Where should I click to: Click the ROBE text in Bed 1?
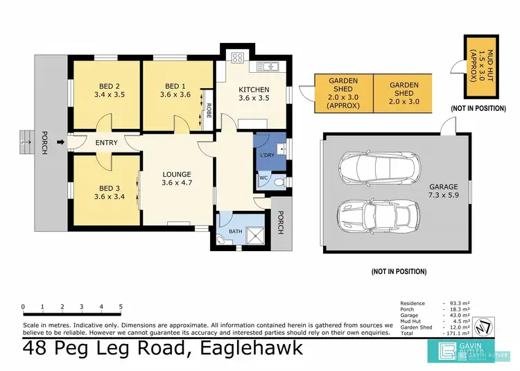click(209, 111)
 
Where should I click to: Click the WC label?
click(264, 178)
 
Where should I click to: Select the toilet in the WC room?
click(278, 182)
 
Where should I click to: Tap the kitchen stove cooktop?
click(239, 59)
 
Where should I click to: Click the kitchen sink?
click(269, 66)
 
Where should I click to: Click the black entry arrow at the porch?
click(61, 144)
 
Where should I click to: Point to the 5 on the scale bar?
click(121, 307)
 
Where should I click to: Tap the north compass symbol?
click(485, 326)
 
